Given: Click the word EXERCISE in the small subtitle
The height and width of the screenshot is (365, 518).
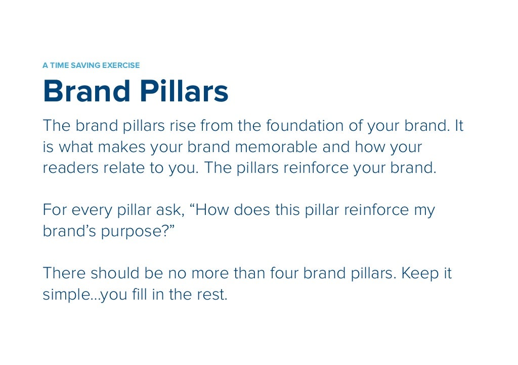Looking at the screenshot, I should (121, 65).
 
